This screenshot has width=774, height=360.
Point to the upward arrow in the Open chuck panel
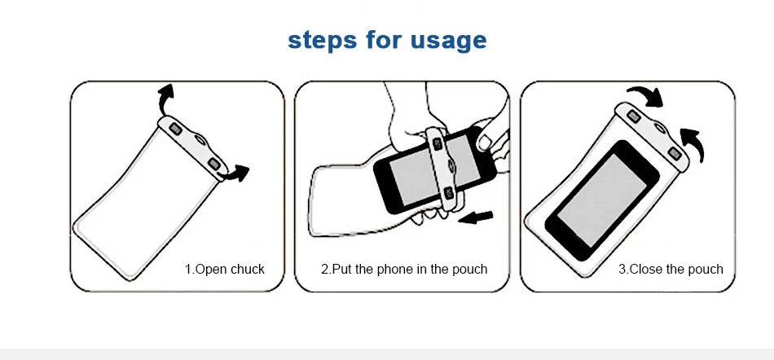[x=164, y=98]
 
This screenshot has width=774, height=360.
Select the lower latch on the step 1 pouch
[x=214, y=165]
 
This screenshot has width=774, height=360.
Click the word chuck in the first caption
[x=246, y=269]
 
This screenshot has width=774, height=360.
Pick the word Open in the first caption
[x=209, y=269]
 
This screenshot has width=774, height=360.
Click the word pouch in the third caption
[x=704, y=269]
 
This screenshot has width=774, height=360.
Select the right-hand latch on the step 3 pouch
[x=674, y=154]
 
